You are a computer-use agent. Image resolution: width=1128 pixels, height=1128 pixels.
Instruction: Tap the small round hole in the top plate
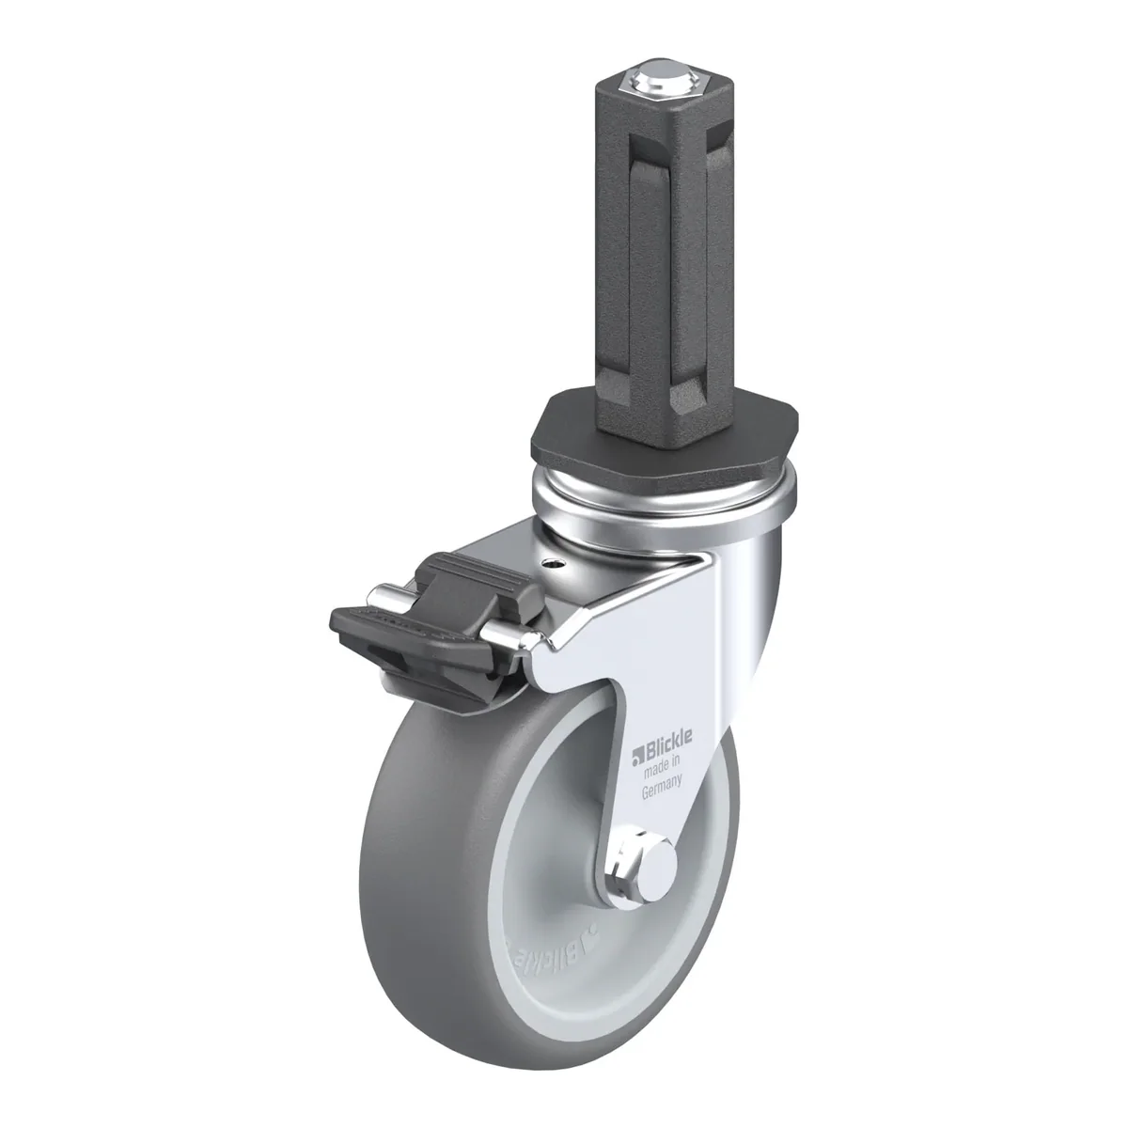pyautogui.click(x=552, y=564)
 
